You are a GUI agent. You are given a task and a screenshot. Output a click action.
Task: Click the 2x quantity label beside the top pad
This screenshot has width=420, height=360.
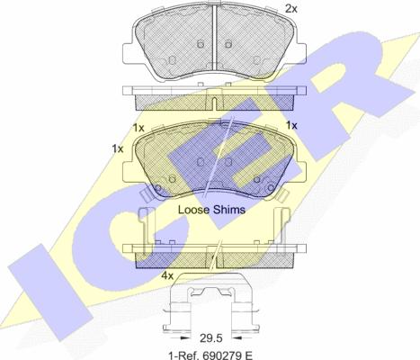click(290, 9)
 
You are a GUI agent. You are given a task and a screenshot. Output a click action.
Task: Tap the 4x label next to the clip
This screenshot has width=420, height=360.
click(167, 275)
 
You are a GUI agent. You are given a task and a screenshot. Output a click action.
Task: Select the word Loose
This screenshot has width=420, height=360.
click(193, 210)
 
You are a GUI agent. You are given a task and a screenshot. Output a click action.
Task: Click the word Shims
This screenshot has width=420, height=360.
click(228, 210)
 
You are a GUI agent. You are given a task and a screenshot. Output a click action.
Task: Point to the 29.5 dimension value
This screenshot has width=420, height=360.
click(210, 338)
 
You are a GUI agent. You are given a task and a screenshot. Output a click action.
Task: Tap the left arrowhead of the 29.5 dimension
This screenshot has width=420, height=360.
click(185, 338)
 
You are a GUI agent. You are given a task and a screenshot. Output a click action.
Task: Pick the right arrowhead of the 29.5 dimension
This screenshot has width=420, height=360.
click(237, 338)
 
